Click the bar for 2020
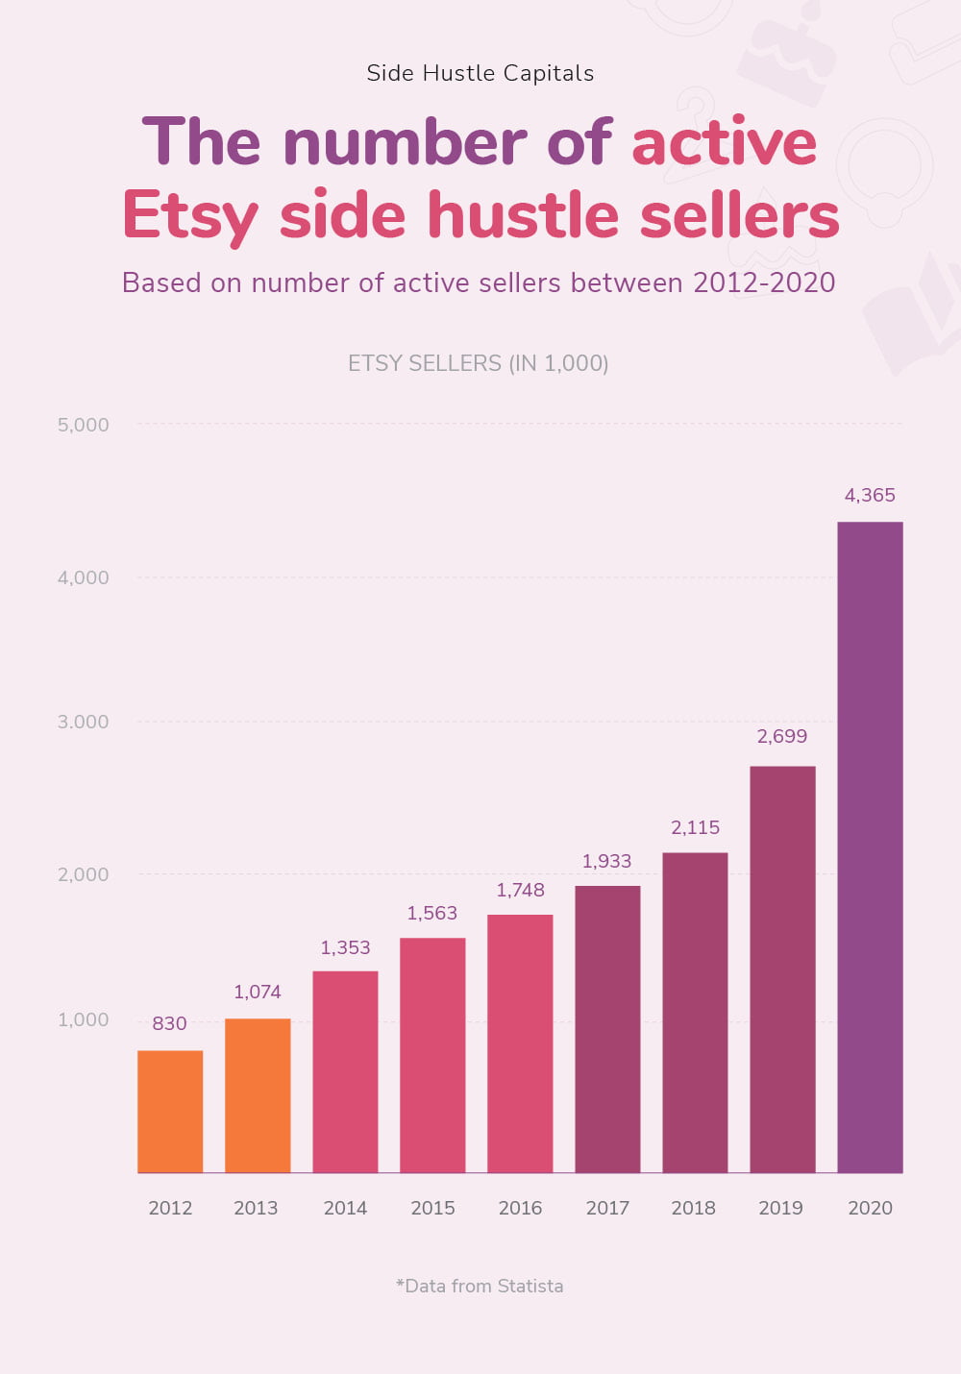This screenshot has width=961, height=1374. click(x=870, y=846)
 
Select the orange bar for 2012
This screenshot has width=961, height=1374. click(x=170, y=1111)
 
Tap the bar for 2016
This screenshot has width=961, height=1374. click(x=520, y=1043)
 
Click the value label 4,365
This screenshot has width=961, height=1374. click(x=870, y=496)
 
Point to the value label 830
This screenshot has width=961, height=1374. click(x=169, y=1023)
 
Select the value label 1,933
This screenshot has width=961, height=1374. click(x=606, y=861)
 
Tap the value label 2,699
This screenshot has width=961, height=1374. click(x=781, y=736)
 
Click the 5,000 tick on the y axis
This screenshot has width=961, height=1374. click(x=84, y=425)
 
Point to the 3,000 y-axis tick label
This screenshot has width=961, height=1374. click(x=84, y=722)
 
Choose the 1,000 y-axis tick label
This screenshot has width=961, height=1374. click(x=84, y=1019)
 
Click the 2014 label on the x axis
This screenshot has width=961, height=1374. click(x=345, y=1208)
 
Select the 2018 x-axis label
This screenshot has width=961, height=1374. click(x=694, y=1208)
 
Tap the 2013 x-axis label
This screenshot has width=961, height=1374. click(x=256, y=1208)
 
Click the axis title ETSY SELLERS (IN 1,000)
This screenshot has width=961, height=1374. click(x=479, y=363)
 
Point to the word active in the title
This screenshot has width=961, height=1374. click(x=724, y=142)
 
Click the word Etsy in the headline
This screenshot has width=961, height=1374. click(x=190, y=215)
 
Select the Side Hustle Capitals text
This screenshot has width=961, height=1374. click(x=480, y=73)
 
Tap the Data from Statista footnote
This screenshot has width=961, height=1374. click(x=480, y=1286)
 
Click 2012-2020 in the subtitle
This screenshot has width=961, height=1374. click(x=764, y=282)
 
